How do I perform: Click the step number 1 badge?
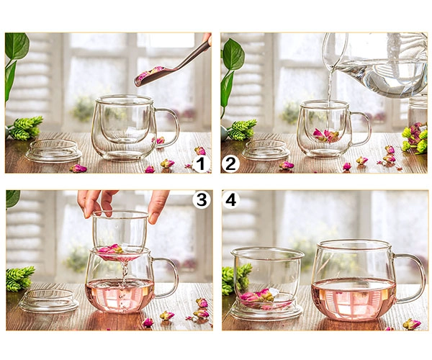coord(202,164)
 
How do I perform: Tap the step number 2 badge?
coord(230,164)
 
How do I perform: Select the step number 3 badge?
coord(202,199)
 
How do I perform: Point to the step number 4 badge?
coord(231,199)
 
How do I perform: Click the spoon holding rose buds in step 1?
coord(171,66)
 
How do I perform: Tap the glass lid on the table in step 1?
coord(53,151)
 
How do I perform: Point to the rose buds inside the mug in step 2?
coord(326,135)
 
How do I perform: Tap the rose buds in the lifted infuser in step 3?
coord(111,249)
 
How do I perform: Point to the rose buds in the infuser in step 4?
coord(257,296)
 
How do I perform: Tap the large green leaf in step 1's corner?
coord(17,45)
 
